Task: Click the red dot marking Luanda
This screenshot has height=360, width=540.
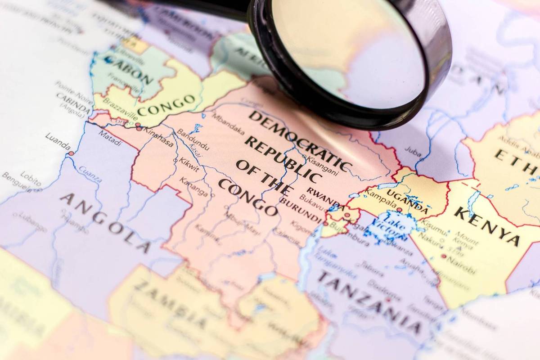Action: (x=71, y=153)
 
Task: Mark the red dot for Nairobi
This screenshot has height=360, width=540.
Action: (x=444, y=256)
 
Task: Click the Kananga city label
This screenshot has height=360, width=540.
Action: (x=194, y=187)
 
